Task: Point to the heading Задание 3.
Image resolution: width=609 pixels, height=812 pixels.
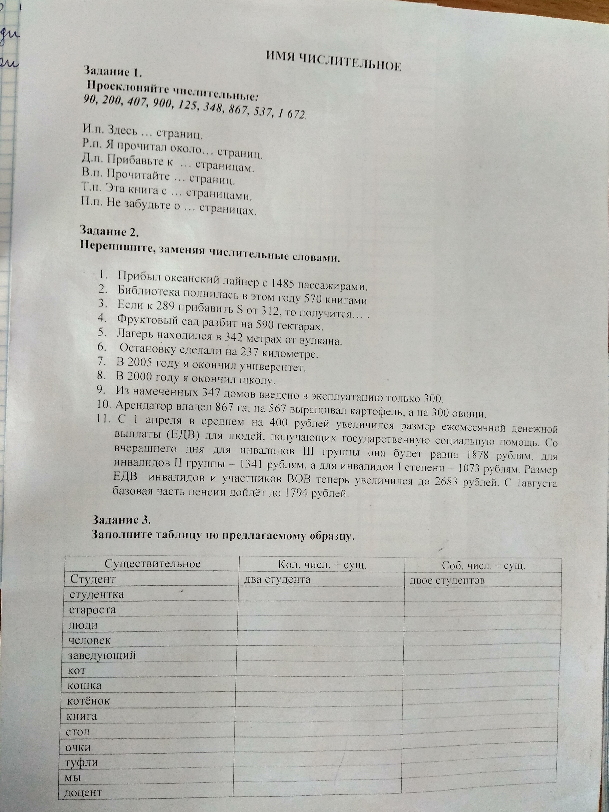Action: (121, 520)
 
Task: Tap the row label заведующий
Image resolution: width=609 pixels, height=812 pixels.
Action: (102, 654)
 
